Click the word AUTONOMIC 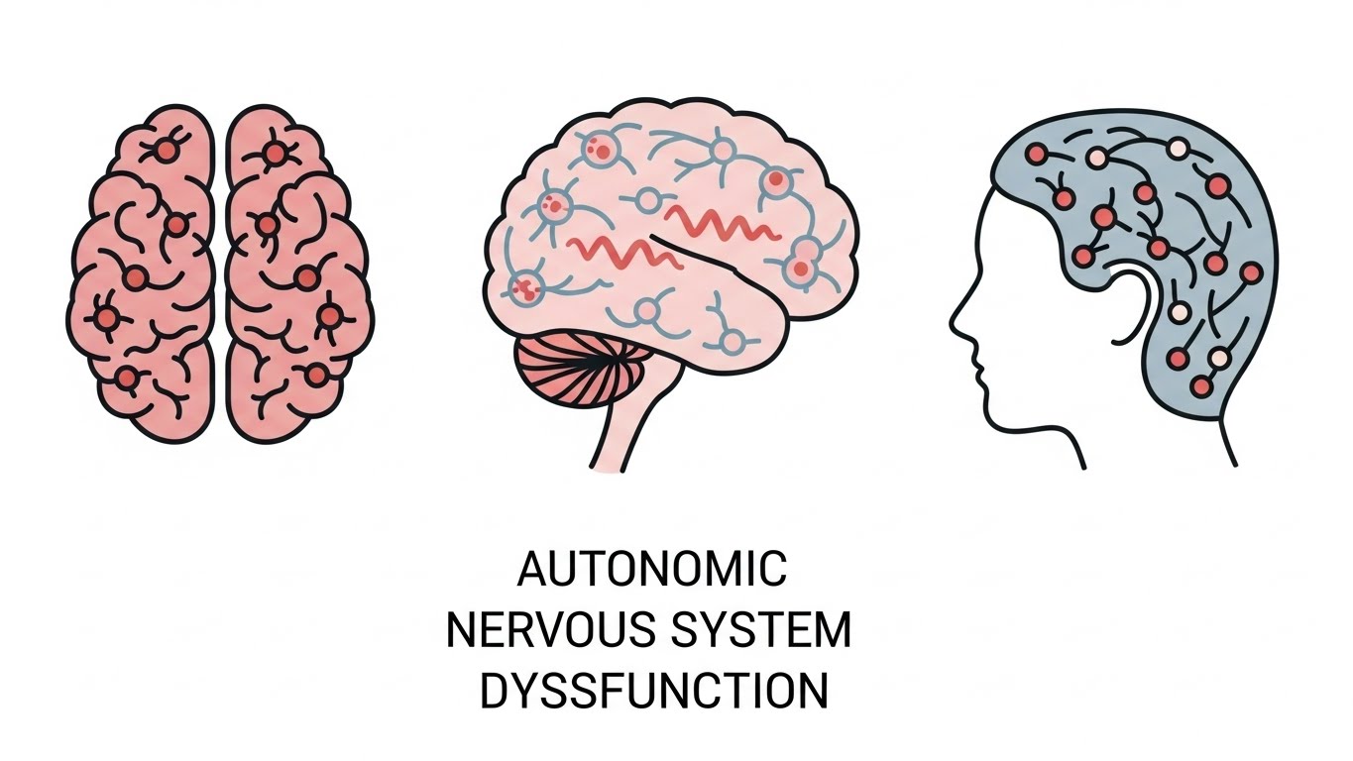click(652, 570)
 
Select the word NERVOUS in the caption click(542, 631)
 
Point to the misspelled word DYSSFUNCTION click(653, 692)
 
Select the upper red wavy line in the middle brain click(721, 225)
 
